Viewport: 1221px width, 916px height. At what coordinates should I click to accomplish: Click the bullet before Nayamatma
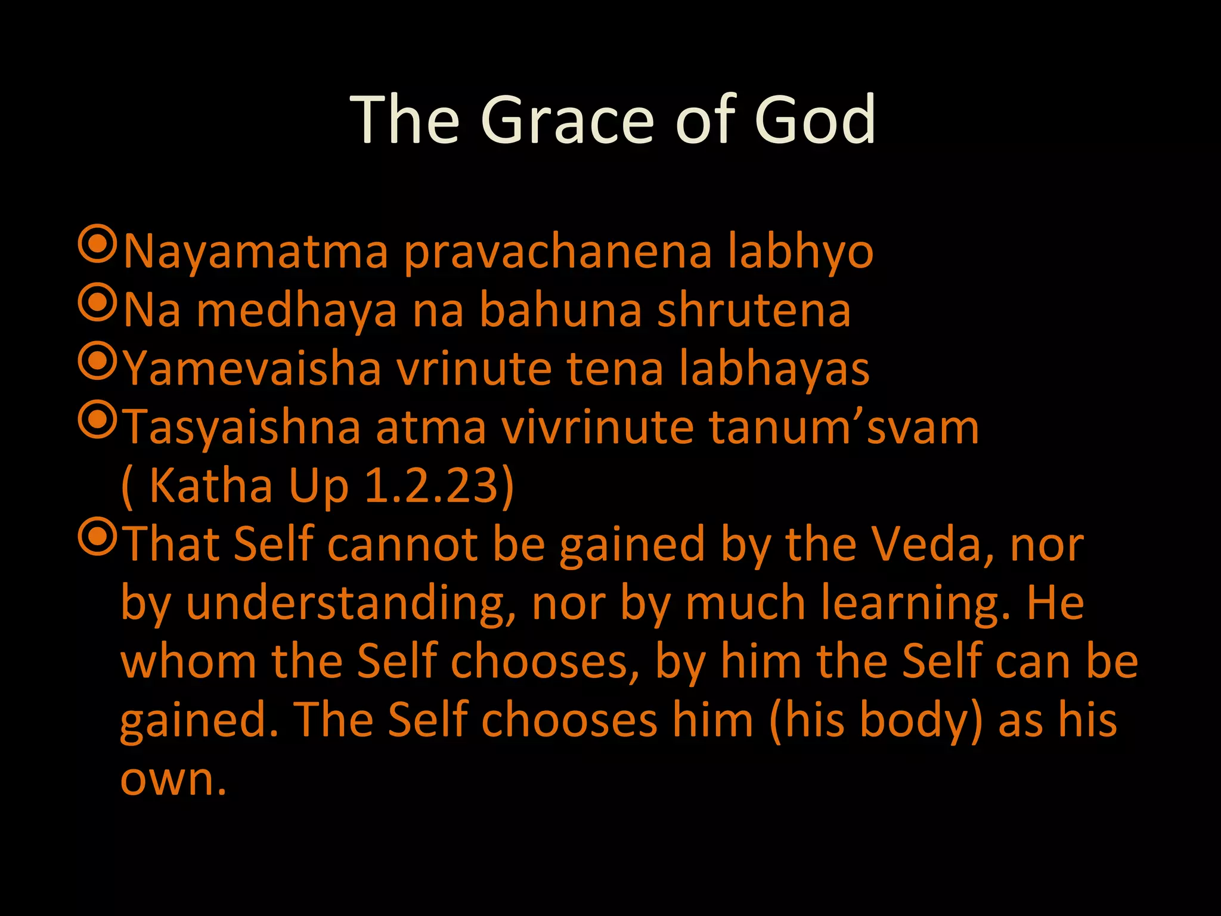coord(96,244)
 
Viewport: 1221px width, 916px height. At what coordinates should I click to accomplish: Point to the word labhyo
coord(800,252)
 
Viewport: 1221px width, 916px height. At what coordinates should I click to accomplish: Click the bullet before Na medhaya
coord(96,303)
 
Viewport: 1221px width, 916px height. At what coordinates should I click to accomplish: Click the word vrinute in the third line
coord(475,369)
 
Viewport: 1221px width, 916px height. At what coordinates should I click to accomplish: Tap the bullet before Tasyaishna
coord(96,420)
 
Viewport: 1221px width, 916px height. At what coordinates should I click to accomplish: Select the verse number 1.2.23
coord(432,485)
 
